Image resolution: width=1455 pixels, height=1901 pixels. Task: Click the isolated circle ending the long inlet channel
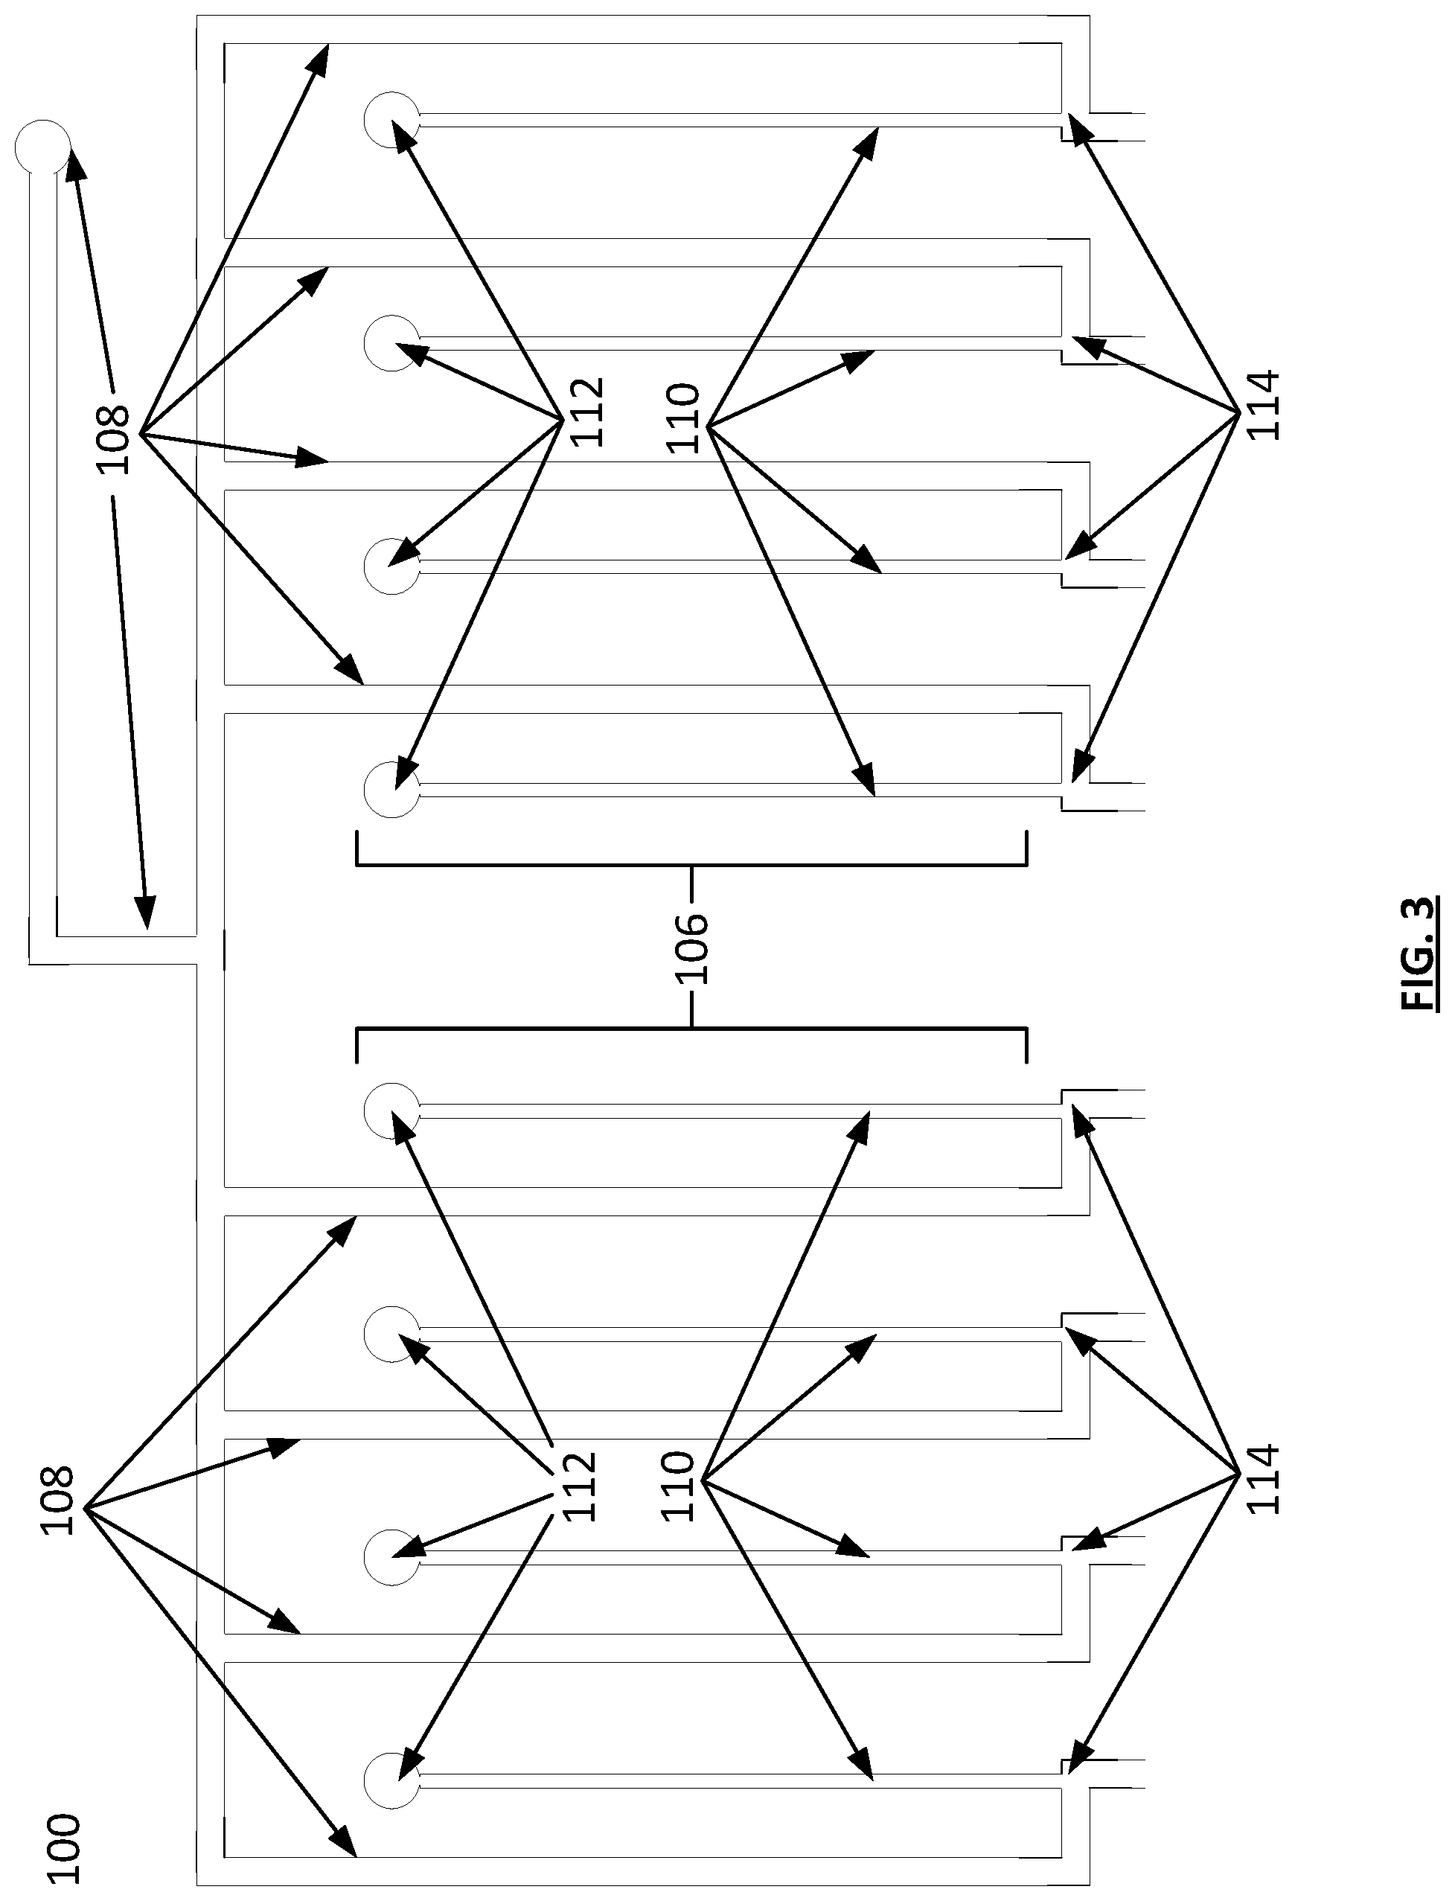(42, 147)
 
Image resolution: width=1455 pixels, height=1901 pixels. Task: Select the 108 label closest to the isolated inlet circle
(113, 439)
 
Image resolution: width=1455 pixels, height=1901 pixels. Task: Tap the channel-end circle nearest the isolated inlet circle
(391, 120)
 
